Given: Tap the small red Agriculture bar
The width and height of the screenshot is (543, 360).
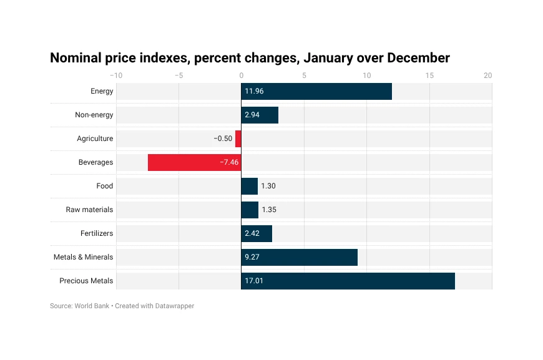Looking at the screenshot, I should click(238, 139).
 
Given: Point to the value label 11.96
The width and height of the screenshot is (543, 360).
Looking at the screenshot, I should click(254, 91).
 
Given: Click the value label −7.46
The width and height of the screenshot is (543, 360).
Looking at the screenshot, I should click(229, 162).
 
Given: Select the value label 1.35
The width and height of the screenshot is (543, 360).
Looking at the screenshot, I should click(268, 210).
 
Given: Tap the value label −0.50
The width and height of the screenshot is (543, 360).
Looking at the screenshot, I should click(223, 139).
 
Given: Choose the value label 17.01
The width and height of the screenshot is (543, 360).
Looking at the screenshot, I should click(254, 281).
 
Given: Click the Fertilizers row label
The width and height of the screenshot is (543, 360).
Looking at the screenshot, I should click(97, 233).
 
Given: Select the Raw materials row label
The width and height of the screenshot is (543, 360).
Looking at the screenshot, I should click(90, 210).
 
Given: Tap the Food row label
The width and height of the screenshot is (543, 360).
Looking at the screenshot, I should click(105, 186).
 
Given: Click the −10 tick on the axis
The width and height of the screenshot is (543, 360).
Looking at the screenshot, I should click(117, 75).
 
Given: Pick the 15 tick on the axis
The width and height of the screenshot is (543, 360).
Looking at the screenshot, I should click(429, 75).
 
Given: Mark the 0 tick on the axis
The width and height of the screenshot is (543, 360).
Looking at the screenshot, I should click(242, 75).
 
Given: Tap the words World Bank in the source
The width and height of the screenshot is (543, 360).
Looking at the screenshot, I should click(92, 306).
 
